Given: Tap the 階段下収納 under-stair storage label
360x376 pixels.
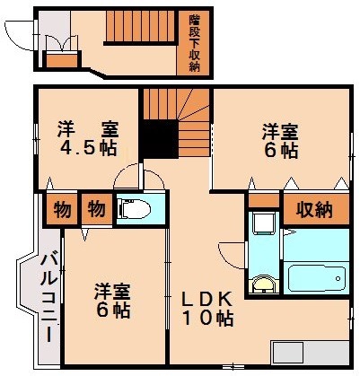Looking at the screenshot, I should coord(194,43).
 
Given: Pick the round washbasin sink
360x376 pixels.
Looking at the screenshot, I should coord(262,285).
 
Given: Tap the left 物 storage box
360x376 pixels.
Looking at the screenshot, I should coord(61,210).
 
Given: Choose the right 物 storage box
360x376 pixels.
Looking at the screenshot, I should coord(94,210).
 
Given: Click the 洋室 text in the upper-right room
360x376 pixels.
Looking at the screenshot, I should coord(280,129).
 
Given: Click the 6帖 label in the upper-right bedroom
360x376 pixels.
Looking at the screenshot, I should coord(281,151).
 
